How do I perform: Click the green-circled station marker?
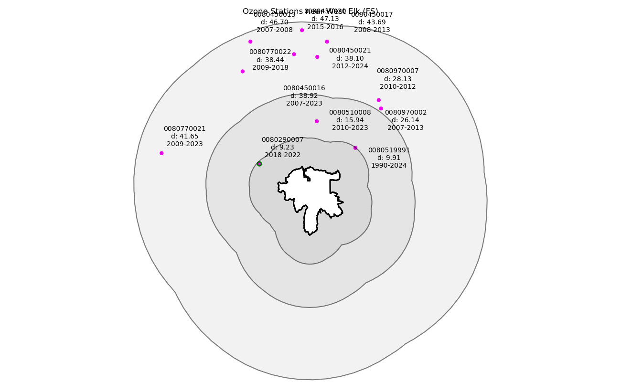click(259, 164)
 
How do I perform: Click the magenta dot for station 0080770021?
click(161, 153)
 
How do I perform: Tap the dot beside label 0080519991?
click(355, 148)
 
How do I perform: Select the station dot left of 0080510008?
click(317, 121)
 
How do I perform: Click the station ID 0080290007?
click(282, 139)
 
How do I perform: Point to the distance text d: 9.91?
click(389, 158)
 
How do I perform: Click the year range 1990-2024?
click(389, 166)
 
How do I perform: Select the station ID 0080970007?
click(397, 71)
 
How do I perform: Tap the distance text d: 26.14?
click(406, 120)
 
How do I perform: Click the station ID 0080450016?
click(304, 88)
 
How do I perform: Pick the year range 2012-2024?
click(350, 66)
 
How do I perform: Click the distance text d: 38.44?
click(270, 60)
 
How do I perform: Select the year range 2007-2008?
click(274, 30)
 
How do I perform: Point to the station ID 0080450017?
click(372, 15)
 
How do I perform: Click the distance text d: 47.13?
click(325, 19)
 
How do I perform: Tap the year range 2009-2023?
click(184, 144)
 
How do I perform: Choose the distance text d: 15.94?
click(350, 120)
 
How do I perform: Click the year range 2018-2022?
click(282, 155)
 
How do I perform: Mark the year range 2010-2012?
click(397, 86)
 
